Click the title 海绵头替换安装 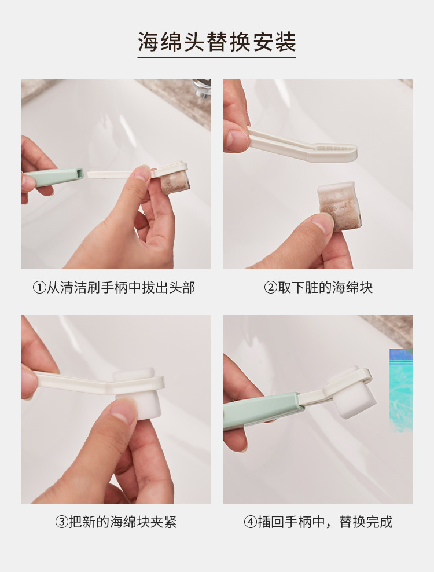tap(216, 42)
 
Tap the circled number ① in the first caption tap(39, 288)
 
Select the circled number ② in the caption tap(270, 288)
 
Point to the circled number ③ tap(61, 522)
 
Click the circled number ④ tap(250, 522)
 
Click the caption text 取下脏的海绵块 tap(325, 288)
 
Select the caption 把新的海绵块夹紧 tap(123, 522)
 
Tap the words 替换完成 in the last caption tap(366, 522)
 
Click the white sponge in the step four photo tap(354, 396)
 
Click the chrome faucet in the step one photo tap(201, 88)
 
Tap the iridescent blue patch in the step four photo tap(401, 390)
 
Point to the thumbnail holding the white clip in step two tap(237, 138)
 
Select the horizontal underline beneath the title tap(216, 57)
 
